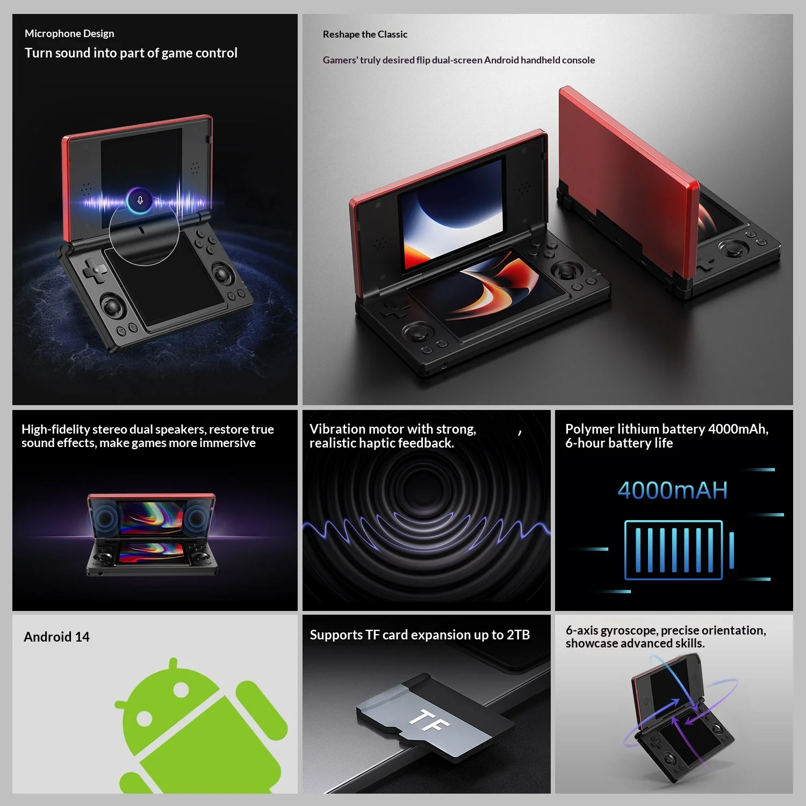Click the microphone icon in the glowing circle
[x=140, y=200]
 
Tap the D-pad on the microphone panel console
[x=95, y=270]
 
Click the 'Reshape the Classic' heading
[x=365, y=34]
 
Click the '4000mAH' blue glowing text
[x=673, y=490]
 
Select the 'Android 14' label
[x=56, y=637]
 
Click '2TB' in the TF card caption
[x=518, y=635]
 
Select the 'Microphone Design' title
[x=69, y=33]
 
